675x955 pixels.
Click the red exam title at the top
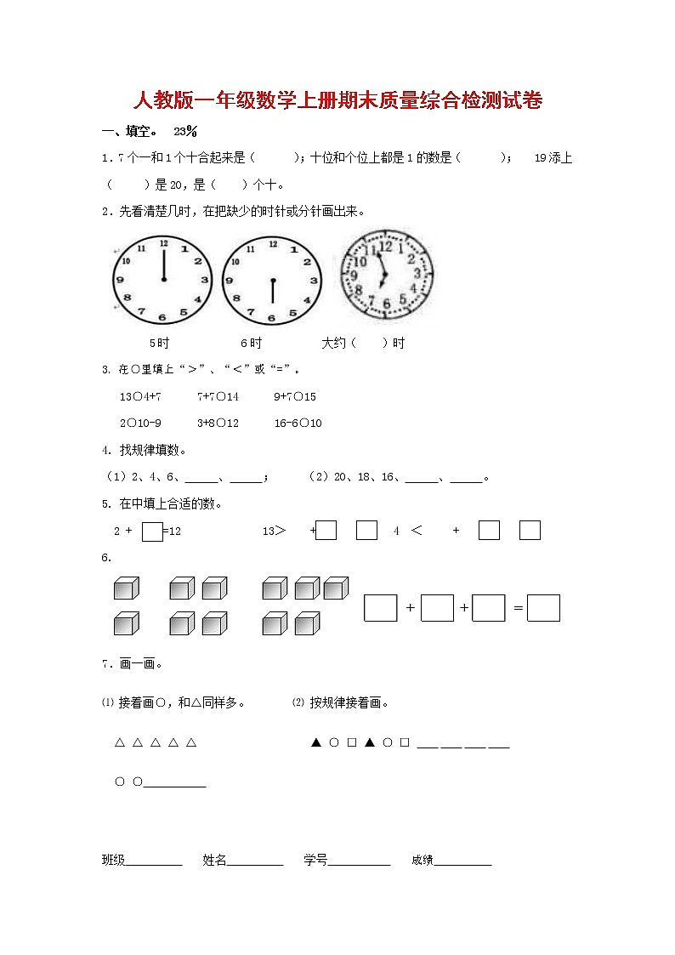click(337, 101)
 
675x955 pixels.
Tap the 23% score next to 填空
click(185, 131)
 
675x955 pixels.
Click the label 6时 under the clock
click(251, 343)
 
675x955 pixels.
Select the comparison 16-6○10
click(298, 423)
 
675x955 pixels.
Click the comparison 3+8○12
click(218, 423)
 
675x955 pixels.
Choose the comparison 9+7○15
click(295, 396)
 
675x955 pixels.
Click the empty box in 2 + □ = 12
click(152, 532)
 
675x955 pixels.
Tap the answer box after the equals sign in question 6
click(543, 608)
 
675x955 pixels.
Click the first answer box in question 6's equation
click(381, 608)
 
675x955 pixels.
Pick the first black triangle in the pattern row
click(315, 742)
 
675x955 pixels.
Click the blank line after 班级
click(154, 861)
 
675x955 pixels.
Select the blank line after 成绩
click(462, 861)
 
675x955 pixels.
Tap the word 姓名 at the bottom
click(214, 861)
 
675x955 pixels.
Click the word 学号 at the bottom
click(315, 861)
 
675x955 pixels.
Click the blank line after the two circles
click(175, 783)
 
